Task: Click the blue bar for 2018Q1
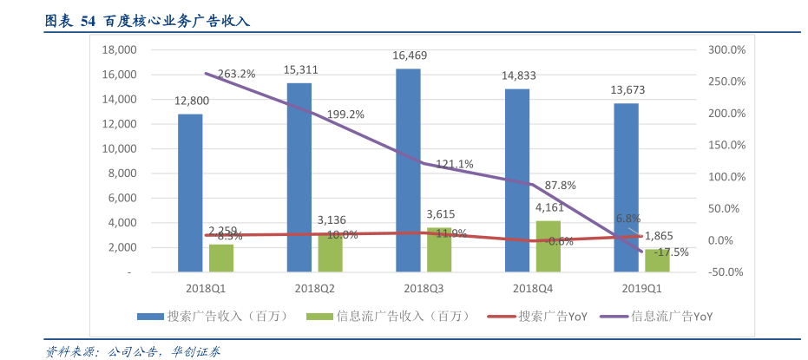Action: click(190, 193)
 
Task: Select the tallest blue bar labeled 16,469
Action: click(408, 170)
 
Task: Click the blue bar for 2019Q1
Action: click(626, 187)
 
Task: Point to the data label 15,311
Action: click(300, 69)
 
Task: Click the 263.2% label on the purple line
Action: click(237, 74)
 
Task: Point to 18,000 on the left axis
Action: click(120, 50)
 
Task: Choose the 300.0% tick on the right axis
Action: click(726, 50)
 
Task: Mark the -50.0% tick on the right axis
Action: click(726, 272)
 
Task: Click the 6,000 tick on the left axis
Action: click(122, 198)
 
